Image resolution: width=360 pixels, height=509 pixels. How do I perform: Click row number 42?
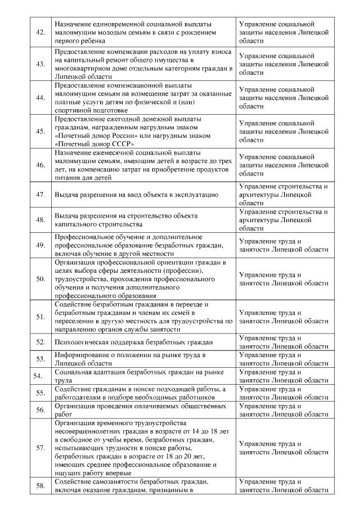[40, 33]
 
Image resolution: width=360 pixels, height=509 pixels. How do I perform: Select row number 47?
[40, 195]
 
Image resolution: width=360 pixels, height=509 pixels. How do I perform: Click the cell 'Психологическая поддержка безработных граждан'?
[134, 341]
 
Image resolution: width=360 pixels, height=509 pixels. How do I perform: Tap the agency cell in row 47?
[283, 195]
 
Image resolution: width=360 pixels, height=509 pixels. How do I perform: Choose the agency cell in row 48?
[283, 220]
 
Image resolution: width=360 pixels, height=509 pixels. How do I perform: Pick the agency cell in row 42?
[283, 33]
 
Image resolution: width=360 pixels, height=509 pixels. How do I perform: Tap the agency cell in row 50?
[283, 279]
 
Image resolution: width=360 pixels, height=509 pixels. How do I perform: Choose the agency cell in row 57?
[283, 448]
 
